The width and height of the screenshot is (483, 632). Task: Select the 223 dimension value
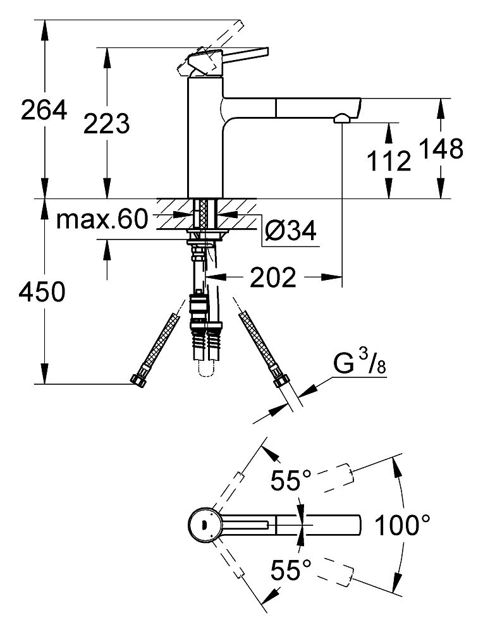[x=106, y=123]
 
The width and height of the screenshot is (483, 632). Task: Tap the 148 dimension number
[x=440, y=149]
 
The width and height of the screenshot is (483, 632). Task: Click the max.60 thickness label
[x=101, y=219]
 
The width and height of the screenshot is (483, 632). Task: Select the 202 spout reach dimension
[x=272, y=277]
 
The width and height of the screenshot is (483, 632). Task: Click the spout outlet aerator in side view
[x=341, y=118]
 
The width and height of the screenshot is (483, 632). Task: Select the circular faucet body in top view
[x=204, y=525]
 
